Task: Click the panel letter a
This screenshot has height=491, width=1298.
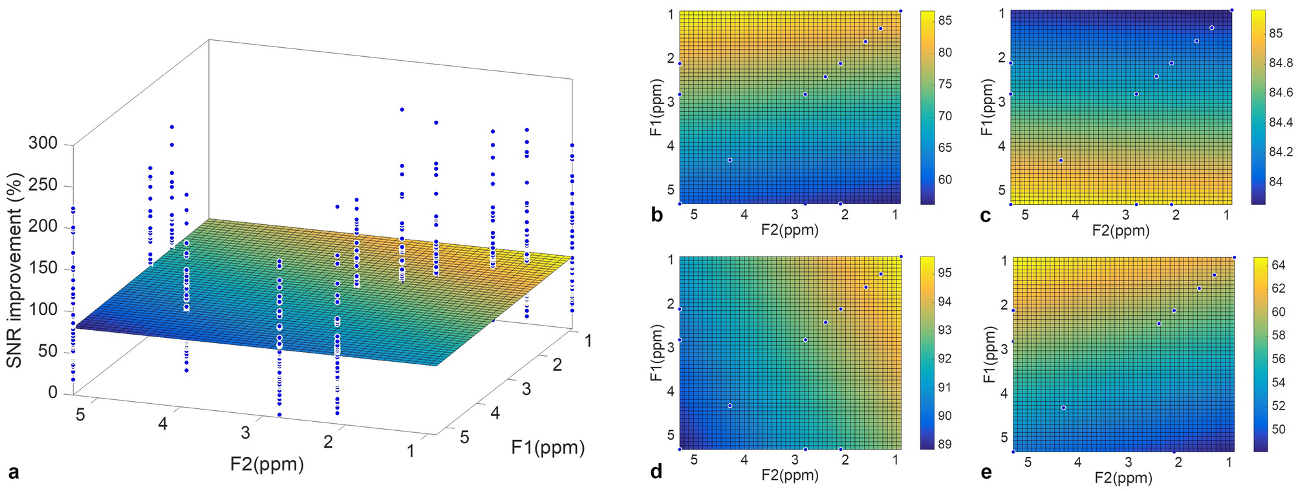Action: pyautogui.click(x=13, y=472)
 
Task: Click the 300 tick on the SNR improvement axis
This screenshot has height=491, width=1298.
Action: pyautogui.click(x=43, y=143)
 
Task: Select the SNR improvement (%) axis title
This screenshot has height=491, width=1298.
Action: pyautogui.click(x=14, y=270)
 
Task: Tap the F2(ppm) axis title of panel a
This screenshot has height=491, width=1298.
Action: pyautogui.click(x=266, y=464)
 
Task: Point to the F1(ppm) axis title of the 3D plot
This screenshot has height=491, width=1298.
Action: pyautogui.click(x=547, y=447)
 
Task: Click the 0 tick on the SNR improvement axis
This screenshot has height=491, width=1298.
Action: pyautogui.click(x=52, y=393)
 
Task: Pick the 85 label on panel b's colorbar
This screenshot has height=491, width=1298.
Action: pyautogui.click(x=945, y=21)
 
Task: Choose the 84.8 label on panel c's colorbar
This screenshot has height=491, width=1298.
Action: pyautogui.click(x=1281, y=63)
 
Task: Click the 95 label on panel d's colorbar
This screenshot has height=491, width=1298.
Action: pyautogui.click(x=945, y=273)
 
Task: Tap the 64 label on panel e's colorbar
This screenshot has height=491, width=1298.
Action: pyautogui.click(x=1279, y=264)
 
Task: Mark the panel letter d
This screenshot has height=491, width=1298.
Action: pyautogui.click(x=656, y=472)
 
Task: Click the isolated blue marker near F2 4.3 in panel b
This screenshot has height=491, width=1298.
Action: pyautogui.click(x=730, y=160)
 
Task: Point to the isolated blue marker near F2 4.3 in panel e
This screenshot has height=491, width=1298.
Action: pyautogui.click(x=1063, y=408)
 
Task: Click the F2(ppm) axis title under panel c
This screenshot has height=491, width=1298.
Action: pyautogui.click(x=1121, y=230)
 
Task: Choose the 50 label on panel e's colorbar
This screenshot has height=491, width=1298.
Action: pyautogui.click(x=1279, y=429)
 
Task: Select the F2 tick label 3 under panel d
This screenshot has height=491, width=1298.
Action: pyautogui.click(x=795, y=460)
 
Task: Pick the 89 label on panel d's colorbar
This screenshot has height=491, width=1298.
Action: pyautogui.click(x=945, y=444)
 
